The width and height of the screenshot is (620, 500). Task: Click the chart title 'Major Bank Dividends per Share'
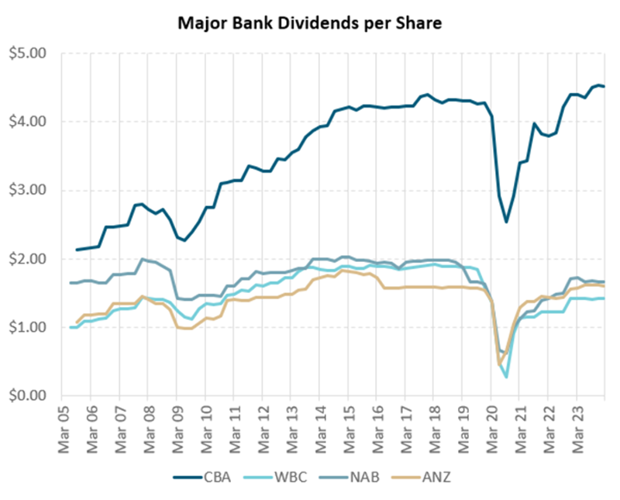(310, 23)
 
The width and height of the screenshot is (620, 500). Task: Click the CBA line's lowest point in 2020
(506, 222)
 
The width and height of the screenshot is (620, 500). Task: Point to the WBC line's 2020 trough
(506, 377)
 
